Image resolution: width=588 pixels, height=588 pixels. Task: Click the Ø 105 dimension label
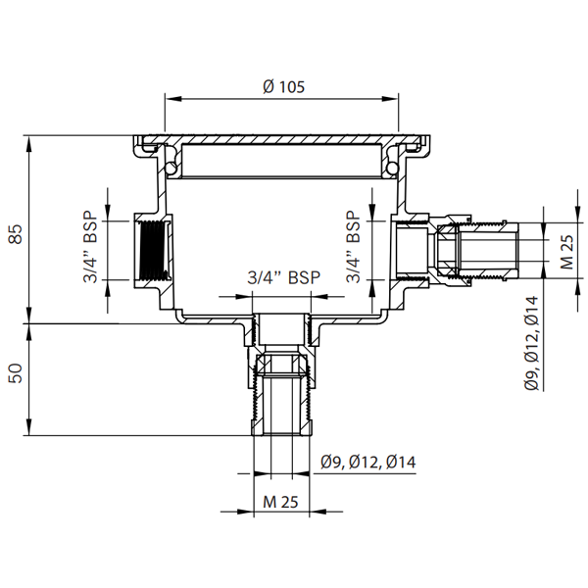[x=284, y=85]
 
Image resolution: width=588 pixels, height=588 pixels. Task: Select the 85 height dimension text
[x=15, y=235]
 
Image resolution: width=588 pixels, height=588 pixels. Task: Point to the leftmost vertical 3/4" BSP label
[x=90, y=249]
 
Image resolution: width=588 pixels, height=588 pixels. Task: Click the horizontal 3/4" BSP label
[x=283, y=278]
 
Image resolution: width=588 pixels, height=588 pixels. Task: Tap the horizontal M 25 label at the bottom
[x=282, y=503]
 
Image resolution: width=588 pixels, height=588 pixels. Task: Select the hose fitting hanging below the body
[x=282, y=392]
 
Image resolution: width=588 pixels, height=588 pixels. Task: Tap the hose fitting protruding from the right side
[x=470, y=250]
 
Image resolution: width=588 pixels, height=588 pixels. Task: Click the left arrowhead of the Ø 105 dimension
[x=170, y=99]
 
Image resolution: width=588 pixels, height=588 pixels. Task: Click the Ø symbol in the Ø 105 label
[x=269, y=85]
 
